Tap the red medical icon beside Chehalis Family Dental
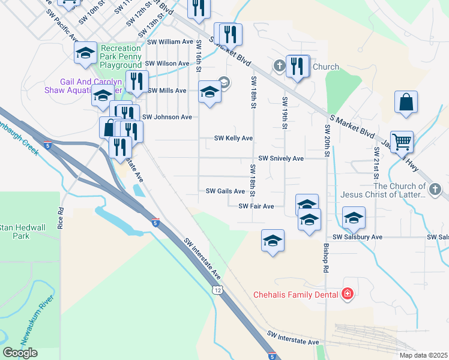click(346, 294)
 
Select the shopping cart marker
click(402, 142)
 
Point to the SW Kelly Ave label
click(234, 139)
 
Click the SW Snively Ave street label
click(281, 158)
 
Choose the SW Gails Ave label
click(225, 191)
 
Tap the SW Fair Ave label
click(256, 206)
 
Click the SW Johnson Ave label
click(167, 117)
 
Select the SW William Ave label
click(171, 42)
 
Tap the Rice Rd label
click(61, 219)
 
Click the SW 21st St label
click(376, 163)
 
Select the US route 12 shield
click(216, 290)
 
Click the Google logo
click(20, 353)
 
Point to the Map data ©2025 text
click(423, 355)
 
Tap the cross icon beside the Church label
click(279, 65)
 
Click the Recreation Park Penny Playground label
click(121, 56)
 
